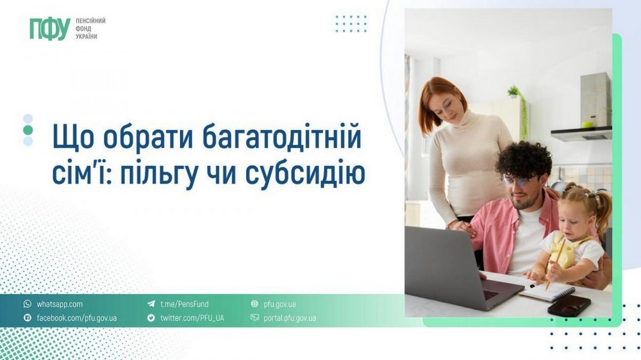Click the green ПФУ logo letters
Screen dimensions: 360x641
49,29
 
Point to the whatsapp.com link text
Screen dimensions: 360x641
60,304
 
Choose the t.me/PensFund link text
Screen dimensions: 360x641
184,304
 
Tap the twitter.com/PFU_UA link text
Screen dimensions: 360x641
192,318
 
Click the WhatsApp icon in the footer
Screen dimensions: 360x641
28,304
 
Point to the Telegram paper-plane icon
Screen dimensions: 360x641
151,304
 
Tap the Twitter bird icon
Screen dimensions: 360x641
151,318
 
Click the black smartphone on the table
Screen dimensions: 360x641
569,306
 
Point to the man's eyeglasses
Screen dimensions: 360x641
517,181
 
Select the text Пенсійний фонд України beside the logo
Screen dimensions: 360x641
90,29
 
